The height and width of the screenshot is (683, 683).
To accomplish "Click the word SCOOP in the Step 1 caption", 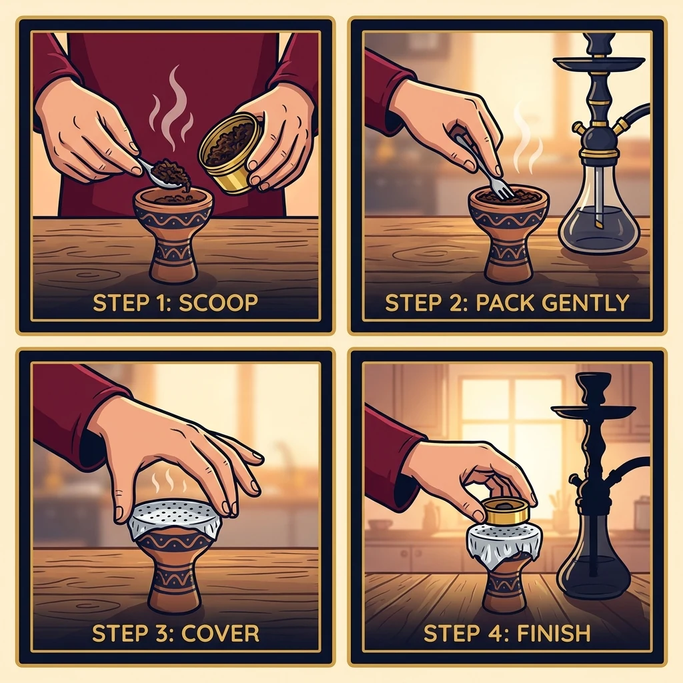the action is (x=218, y=303).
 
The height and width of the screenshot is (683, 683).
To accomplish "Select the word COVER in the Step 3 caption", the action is (x=220, y=634).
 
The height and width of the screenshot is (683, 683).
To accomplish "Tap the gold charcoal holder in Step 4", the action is (x=506, y=512).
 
